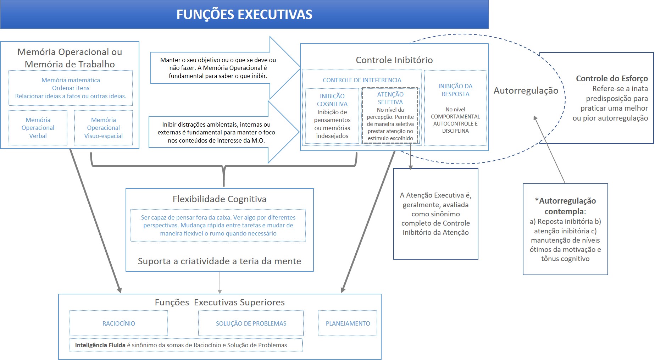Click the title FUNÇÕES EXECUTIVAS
coord(244,15)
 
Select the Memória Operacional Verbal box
coord(38,128)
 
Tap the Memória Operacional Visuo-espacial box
coord(104,128)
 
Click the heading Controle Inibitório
coord(394,60)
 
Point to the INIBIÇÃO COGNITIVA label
coord(332,100)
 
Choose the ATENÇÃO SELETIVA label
coord(390,98)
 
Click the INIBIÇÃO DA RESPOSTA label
coord(455,90)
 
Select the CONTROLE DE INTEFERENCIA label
coord(362,80)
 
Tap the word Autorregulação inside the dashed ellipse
coord(526,91)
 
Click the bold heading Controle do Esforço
coord(612,78)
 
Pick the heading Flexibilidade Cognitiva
coord(220,199)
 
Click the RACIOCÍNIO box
coord(119,323)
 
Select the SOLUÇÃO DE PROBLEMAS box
coord(251,323)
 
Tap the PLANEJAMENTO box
coord(348,323)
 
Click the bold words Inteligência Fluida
coord(100,345)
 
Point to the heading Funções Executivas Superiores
coord(220,302)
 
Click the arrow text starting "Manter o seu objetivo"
coord(218,68)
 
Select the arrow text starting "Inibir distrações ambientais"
coord(216,132)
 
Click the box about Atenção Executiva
coord(435,214)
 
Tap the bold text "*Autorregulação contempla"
coord(565,206)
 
